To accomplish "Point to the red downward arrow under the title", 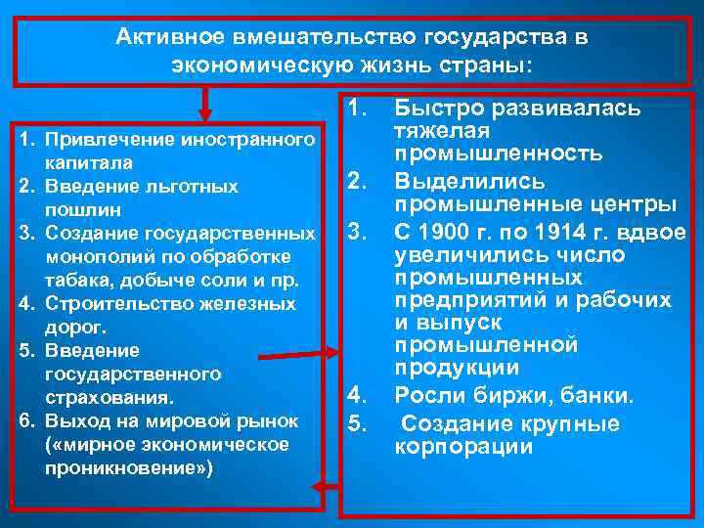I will click(x=205, y=103).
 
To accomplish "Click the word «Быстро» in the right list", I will click(x=436, y=108).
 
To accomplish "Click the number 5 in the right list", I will click(x=357, y=423).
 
